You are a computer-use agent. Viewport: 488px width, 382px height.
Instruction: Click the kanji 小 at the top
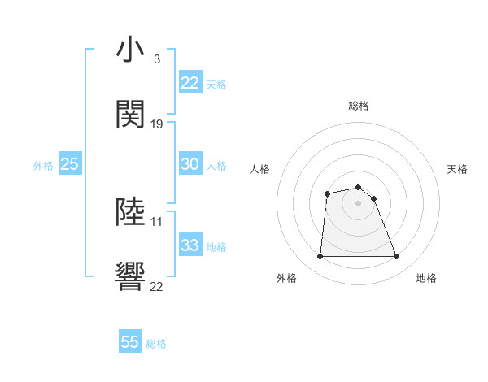[x=131, y=50]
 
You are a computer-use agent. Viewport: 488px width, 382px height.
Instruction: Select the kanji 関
[x=131, y=115]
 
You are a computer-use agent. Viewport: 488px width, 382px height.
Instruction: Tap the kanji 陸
[x=131, y=212]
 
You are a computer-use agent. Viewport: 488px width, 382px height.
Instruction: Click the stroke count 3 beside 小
[x=156, y=59]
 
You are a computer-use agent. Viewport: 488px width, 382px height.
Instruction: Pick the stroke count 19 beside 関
[x=157, y=124]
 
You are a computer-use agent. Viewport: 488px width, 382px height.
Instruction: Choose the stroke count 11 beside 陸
[x=157, y=221]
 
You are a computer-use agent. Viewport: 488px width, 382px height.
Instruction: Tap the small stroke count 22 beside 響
[x=157, y=285]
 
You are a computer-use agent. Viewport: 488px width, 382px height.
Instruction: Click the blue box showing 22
[x=190, y=83]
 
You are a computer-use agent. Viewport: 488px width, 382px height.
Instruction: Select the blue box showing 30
[x=190, y=164]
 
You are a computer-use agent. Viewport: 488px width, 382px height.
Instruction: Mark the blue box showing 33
[x=190, y=245]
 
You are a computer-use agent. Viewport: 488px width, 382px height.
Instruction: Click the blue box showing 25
[x=70, y=164]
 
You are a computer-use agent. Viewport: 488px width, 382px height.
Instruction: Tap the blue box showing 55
[x=130, y=342]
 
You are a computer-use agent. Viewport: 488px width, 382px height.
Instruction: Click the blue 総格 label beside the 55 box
[x=156, y=344]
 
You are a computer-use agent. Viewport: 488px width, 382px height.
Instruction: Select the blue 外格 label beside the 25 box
[x=43, y=166]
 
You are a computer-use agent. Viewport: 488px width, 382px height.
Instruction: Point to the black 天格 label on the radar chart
[x=458, y=169]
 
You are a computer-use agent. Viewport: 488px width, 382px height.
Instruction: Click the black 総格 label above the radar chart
[x=359, y=106]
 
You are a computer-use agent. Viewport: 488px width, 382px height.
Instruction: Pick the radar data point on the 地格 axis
[x=397, y=257]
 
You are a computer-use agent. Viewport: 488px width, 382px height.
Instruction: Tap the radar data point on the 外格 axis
[x=320, y=257]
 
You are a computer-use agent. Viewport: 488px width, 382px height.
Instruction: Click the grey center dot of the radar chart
[x=358, y=203]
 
